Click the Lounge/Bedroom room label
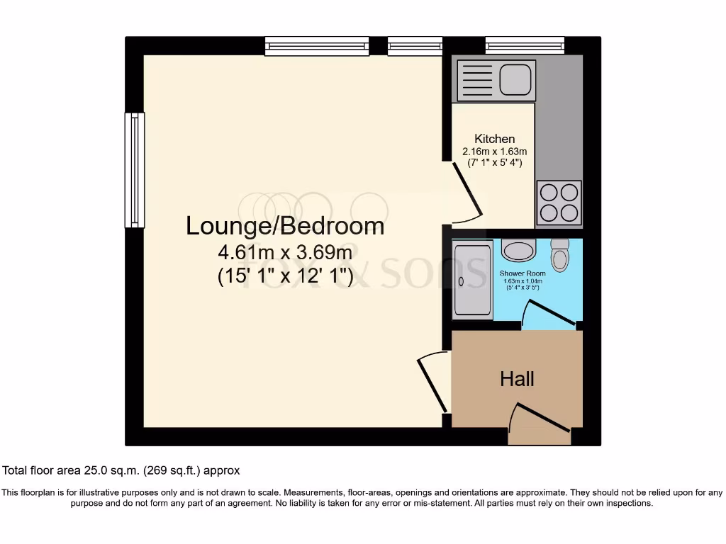(x=285, y=226)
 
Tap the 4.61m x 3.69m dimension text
(x=285, y=252)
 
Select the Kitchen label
(x=494, y=139)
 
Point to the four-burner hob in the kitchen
(x=559, y=203)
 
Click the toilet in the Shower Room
(x=559, y=256)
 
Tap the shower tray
(x=471, y=281)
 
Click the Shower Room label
(x=522, y=273)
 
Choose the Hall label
(x=517, y=379)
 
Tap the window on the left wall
(x=134, y=170)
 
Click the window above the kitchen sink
(x=525, y=46)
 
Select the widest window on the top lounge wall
(x=317, y=46)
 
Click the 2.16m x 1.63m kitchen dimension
(x=494, y=152)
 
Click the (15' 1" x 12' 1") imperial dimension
(x=285, y=276)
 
